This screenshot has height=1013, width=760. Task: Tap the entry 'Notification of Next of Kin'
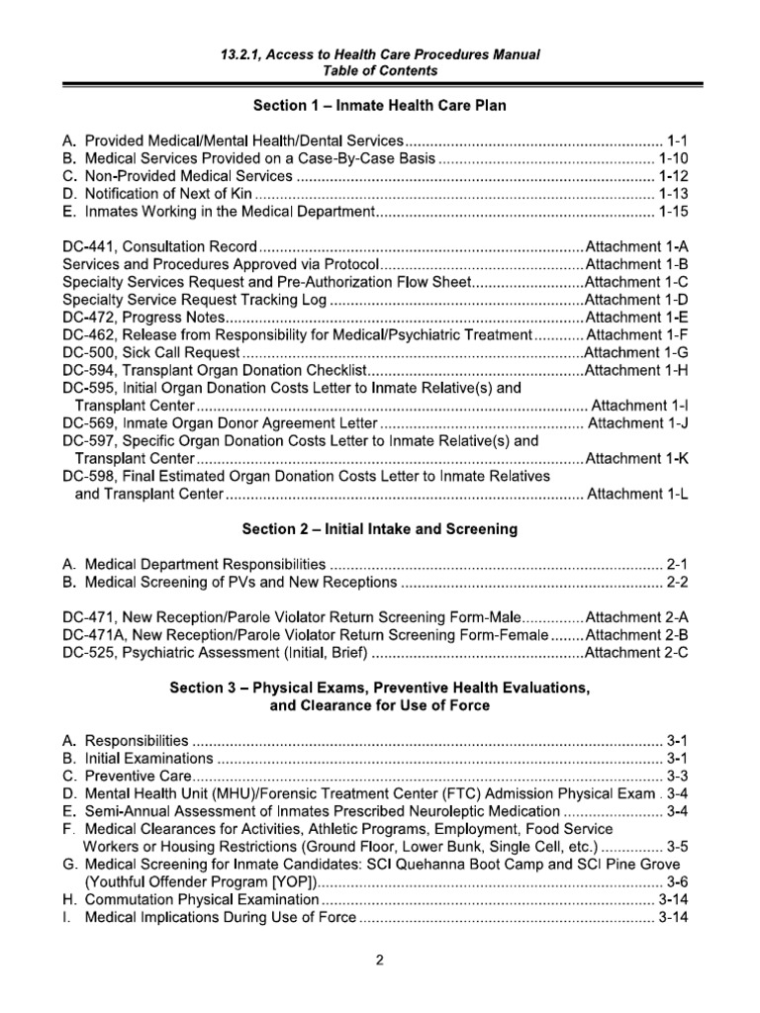(x=168, y=194)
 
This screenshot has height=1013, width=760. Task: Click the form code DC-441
(x=87, y=246)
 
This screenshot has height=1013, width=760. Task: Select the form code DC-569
(x=87, y=423)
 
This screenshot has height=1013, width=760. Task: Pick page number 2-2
(x=677, y=582)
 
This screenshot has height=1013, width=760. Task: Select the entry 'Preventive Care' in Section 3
(x=137, y=775)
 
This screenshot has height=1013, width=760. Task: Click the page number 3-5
(x=677, y=846)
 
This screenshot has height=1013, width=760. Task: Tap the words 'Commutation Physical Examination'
(x=202, y=899)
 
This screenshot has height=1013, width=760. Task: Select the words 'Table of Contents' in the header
(x=380, y=71)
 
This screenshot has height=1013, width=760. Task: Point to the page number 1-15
(x=675, y=212)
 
